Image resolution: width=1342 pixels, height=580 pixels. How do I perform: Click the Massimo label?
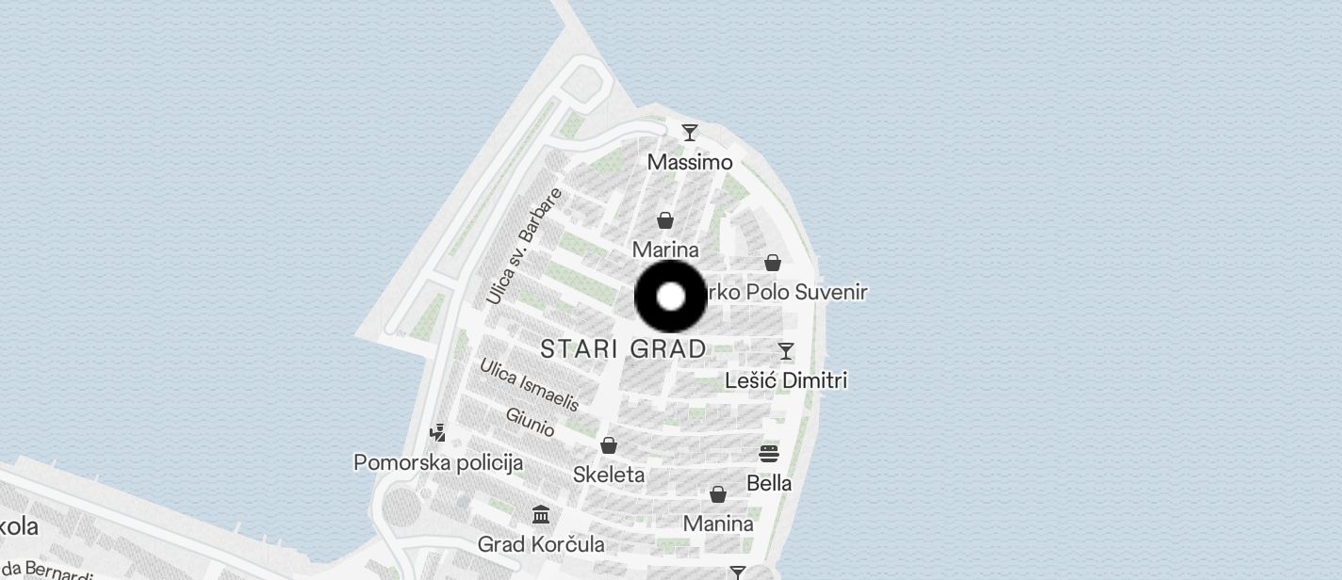[690, 163]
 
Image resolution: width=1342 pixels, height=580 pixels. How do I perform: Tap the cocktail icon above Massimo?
[690, 133]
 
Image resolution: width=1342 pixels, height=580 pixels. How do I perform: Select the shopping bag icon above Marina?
[665, 220]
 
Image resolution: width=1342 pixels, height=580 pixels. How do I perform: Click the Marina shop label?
[665, 250]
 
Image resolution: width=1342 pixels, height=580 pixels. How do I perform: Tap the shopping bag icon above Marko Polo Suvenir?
[773, 263]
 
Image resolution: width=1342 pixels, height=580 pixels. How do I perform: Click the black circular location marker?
[670, 297]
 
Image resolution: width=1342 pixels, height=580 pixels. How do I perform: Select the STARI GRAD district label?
[624, 349]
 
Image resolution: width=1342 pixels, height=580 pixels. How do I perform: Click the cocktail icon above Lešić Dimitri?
[786, 351]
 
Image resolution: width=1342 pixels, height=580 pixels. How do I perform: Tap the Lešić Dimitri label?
[786, 380]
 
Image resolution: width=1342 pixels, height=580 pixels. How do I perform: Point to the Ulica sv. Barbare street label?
[524, 246]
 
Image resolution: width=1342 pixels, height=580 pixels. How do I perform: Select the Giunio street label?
[530, 421]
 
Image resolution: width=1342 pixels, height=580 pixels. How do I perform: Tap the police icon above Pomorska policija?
[437, 433]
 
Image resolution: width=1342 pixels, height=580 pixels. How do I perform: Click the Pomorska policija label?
[438, 462]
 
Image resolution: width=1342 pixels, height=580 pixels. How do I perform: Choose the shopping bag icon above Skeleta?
[609, 445]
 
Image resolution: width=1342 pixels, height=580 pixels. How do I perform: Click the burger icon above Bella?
[769, 454]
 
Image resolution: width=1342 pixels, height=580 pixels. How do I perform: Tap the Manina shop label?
[718, 524]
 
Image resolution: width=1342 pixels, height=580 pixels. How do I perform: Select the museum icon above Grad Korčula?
[541, 515]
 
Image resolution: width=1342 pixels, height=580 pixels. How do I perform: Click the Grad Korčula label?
[541, 544]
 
